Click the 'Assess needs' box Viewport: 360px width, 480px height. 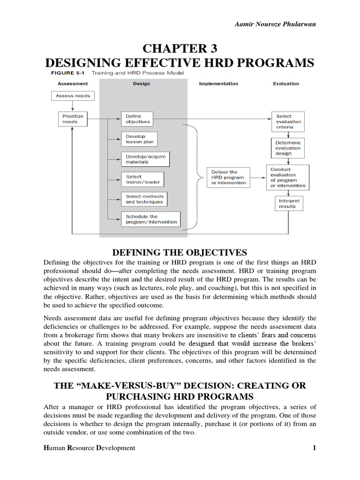(x=73, y=96)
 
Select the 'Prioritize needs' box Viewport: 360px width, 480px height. (x=73, y=119)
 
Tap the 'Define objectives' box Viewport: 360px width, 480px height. (x=138, y=119)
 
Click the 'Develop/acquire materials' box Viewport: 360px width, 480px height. (x=145, y=159)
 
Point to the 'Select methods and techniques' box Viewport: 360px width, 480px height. (x=144, y=199)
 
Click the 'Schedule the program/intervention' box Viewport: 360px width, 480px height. (x=151, y=219)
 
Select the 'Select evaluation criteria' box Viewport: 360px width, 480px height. (x=288, y=122)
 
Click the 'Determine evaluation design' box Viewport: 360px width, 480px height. (x=288, y=148)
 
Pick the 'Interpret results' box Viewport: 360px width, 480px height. (x=287, y=203)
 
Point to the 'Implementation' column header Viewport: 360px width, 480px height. (x=218, y=84)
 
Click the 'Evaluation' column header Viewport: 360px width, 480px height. (x=285, y=84)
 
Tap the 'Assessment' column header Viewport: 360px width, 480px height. (x=73, y=84)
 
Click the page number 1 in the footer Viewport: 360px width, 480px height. (x=315, y=448)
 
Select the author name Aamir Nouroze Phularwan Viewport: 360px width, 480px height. (x=275, y=24)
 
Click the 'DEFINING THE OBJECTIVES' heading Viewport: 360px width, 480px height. (x=180, y=253)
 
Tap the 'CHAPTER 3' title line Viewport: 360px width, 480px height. (x=180, y=49)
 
